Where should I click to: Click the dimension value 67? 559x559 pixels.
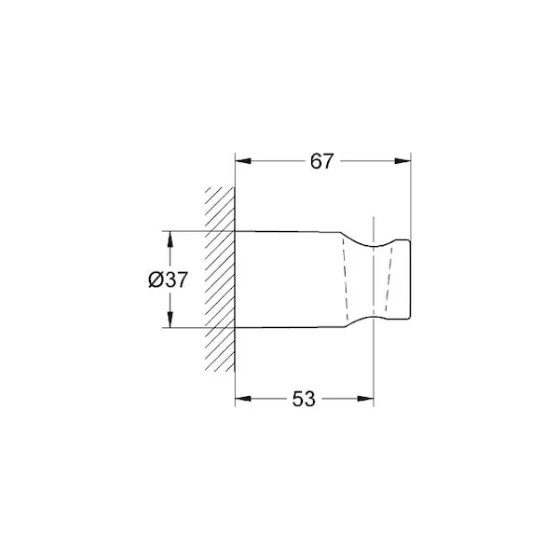pos(321,161)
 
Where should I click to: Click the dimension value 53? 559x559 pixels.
pos(304,399)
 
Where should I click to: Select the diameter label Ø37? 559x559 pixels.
pos(168,279)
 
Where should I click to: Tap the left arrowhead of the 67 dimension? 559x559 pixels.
pos(243,161)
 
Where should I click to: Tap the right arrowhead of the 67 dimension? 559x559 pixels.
pos(402,161)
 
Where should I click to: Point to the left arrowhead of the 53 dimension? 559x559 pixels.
pos(243,399)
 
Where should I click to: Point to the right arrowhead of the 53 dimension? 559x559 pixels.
pos(365,399)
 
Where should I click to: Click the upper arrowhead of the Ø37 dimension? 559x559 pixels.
pos(170,239)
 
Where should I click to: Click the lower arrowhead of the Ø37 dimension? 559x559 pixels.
pos(170,320)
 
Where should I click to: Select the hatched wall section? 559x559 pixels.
pos(220,279)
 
